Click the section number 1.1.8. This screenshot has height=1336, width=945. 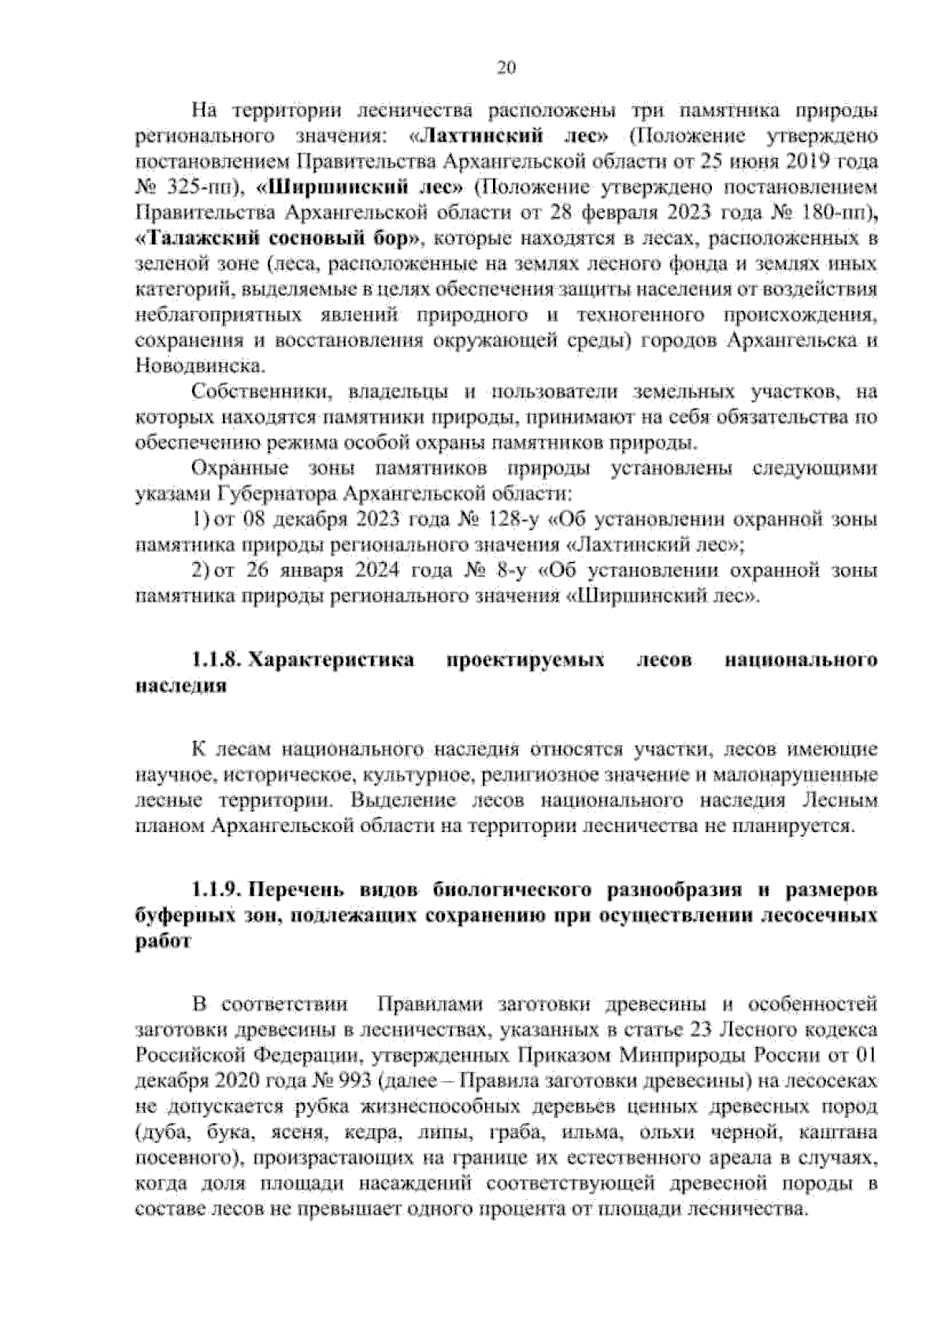pyautogui.click(x=217, y=660)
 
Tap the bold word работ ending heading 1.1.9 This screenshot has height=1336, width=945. pyautogui.click(x=163, y=942)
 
